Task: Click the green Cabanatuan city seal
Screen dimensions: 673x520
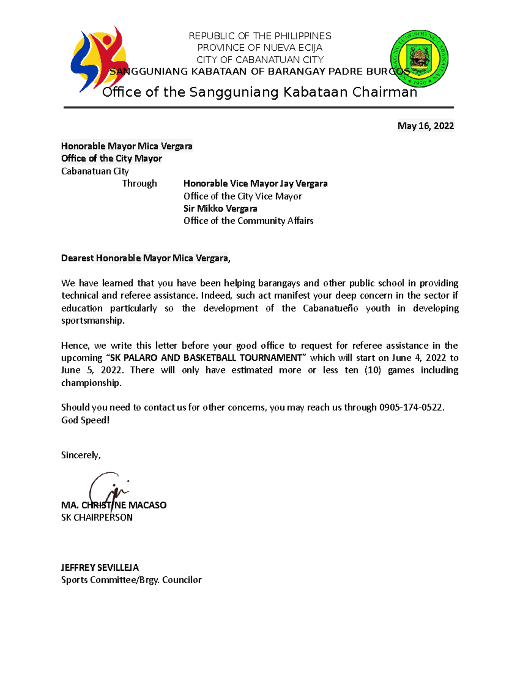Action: pos(419,59)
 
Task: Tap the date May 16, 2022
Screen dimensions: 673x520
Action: pos(426,126)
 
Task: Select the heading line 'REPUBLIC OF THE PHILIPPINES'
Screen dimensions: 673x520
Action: pos(260,36)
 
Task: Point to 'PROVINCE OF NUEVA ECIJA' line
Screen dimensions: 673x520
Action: pos(260,48)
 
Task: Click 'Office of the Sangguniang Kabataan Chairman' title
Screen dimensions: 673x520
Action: pos(260,92)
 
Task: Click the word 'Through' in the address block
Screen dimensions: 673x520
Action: pos(139,184)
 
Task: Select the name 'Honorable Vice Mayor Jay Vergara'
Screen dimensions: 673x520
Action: pos(255,184)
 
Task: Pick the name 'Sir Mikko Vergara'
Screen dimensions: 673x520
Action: pos(220,208)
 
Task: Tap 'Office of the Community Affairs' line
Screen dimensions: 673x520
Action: pos(248,221)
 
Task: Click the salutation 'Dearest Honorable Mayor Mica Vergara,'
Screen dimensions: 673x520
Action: pos(146,258)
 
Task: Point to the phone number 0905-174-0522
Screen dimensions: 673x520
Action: pos(411,407)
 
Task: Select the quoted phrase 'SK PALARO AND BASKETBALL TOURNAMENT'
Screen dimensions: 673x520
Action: pos(206,358)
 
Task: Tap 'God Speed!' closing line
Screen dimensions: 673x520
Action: pos(85,420)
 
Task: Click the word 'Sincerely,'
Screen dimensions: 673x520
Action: pos(81,455)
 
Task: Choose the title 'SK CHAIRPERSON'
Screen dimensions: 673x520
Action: pos(97,517)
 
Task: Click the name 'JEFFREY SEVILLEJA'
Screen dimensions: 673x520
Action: pos(100,568)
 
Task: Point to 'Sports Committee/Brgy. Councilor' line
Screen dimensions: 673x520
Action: pos(131,580)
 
